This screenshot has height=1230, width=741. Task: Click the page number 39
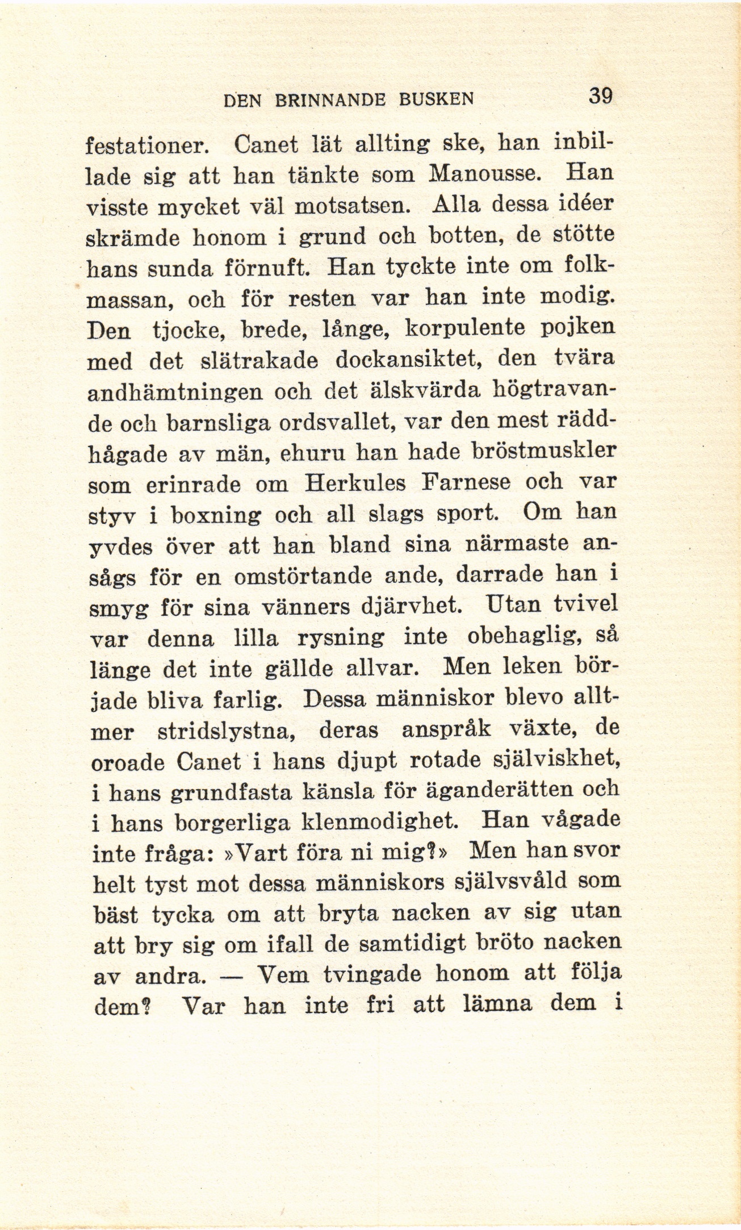point(601,95)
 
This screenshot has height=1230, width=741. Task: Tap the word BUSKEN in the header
point(436,99)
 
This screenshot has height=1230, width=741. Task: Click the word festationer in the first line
point(148,146)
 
